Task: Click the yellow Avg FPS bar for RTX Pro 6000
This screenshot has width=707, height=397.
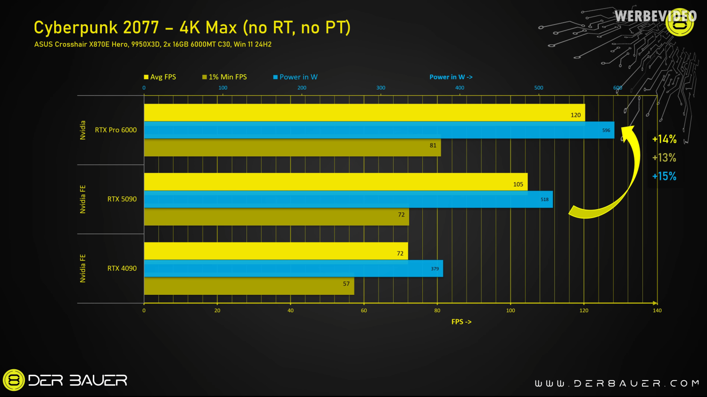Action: pyautogui.click(x=363, y=113)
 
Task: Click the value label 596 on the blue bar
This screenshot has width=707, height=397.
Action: pyautogui.click(x=606, y=130)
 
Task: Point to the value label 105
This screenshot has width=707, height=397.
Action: pyautogui.click(x=518, y=185)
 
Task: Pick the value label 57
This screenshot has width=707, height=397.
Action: pyautogui.click(x=346, y=284)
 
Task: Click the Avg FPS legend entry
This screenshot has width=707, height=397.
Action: pyautogui.click(x=160, y=77)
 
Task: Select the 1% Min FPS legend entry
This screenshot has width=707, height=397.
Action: pyautogui.click(x=224, y=77)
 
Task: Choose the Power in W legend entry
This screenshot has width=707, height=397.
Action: pyautogui.click(x=296, y=77)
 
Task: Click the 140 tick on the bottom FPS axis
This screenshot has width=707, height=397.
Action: pyautogui.click(x=657, y=310)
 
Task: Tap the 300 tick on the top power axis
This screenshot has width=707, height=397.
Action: pyautogui.click(x=381, y=88)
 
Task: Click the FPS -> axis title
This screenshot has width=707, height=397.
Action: pyautogui.click(x=461, y=322)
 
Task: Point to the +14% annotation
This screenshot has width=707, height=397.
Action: pyautogui.click(x=664, y=139)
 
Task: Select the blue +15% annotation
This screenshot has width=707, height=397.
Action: pyautogui.click(x=664, y=176)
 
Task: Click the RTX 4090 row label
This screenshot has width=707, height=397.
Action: pyautogui.click(x=122, y=268)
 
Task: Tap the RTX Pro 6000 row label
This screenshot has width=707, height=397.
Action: pyautogui.click(x=115, y=130)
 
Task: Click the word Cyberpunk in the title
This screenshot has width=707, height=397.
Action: pyautogui.click(x=75, y=28)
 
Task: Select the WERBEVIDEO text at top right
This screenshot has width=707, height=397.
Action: pyautogui.click(x=655, y=16)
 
